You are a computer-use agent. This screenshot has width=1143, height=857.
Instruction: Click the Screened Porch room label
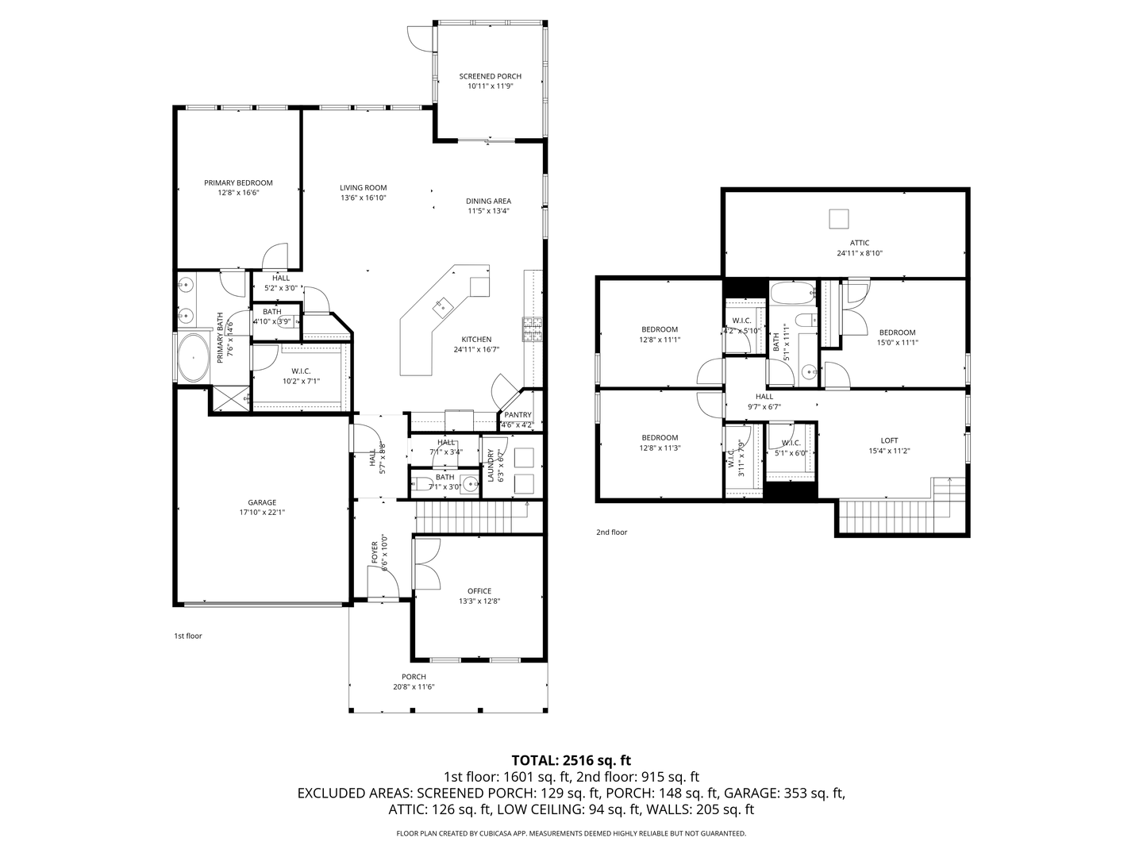click(490, 76)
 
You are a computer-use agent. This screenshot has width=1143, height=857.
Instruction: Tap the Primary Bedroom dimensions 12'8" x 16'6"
click(238, 193)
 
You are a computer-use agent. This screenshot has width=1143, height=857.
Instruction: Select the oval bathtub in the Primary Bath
click(193, 357)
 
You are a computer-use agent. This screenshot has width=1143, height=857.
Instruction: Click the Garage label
click(262, 502)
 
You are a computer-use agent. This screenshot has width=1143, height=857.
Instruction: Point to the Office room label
click(479, 591)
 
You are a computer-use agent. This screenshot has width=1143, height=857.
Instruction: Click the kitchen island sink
click(442, 306)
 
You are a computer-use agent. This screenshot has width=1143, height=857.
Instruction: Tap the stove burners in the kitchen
click(533, 329)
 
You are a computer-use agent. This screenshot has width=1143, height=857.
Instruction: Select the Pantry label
click(518, 415)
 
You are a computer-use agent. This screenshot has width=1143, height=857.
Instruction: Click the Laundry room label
click(490, 465)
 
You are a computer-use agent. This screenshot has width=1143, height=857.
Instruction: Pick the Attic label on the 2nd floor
click(859, 243)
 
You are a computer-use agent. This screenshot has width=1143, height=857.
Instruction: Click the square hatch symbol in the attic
click(838, 218)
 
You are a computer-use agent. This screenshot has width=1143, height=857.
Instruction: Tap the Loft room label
click(890, 440)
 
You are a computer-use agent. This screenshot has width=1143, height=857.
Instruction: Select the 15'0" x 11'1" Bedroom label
click(897, 338)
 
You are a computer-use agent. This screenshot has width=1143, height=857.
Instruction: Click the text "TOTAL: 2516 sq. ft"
click(571, 761)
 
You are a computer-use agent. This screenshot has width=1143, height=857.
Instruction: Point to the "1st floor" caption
click(188, 636)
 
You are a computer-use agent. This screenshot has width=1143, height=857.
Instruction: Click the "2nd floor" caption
click(612, 532)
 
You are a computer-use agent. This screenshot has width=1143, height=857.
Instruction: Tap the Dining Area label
click(488, 202)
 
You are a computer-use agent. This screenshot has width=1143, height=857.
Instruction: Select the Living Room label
click(364, 188)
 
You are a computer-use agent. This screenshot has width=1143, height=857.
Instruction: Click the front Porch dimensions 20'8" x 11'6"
click(414, 687)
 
